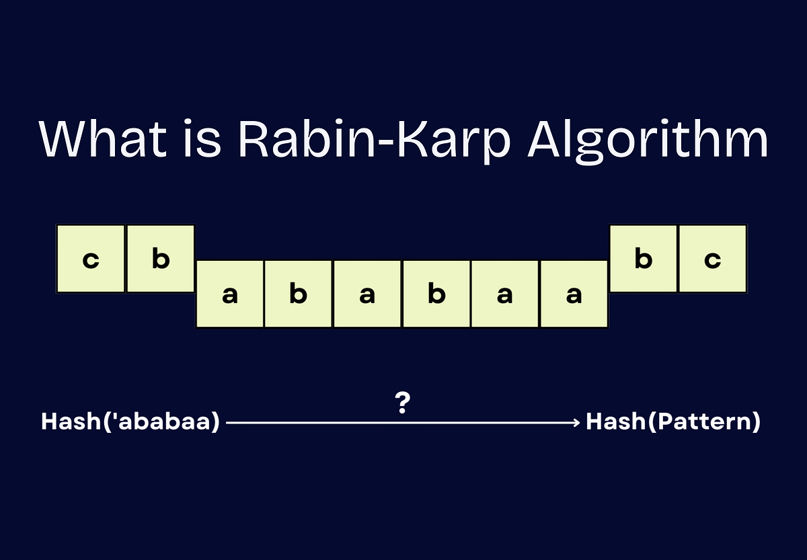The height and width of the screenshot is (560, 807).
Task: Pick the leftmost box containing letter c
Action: pos(90,259)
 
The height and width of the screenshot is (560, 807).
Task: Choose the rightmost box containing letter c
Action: pos(713,259)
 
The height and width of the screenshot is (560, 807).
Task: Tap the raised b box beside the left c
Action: pos(160,259)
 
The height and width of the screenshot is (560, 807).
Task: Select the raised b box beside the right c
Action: pos(644,259)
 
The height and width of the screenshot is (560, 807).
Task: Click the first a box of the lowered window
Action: pos(230,294)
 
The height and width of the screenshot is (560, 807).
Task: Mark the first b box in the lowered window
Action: pos(299,294)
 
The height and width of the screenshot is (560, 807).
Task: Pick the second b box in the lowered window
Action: pos(436,294)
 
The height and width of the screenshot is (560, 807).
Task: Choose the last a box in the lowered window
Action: pos(574,294)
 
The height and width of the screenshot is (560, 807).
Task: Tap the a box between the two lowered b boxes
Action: pos(367,294)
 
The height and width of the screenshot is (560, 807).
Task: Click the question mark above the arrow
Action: pos(403,403)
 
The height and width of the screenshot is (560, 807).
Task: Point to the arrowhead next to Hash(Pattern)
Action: pos(575,423)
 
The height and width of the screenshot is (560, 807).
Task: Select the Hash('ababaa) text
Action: pos(130,423)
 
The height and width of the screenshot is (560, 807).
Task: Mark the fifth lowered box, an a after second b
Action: pos(505,294)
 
